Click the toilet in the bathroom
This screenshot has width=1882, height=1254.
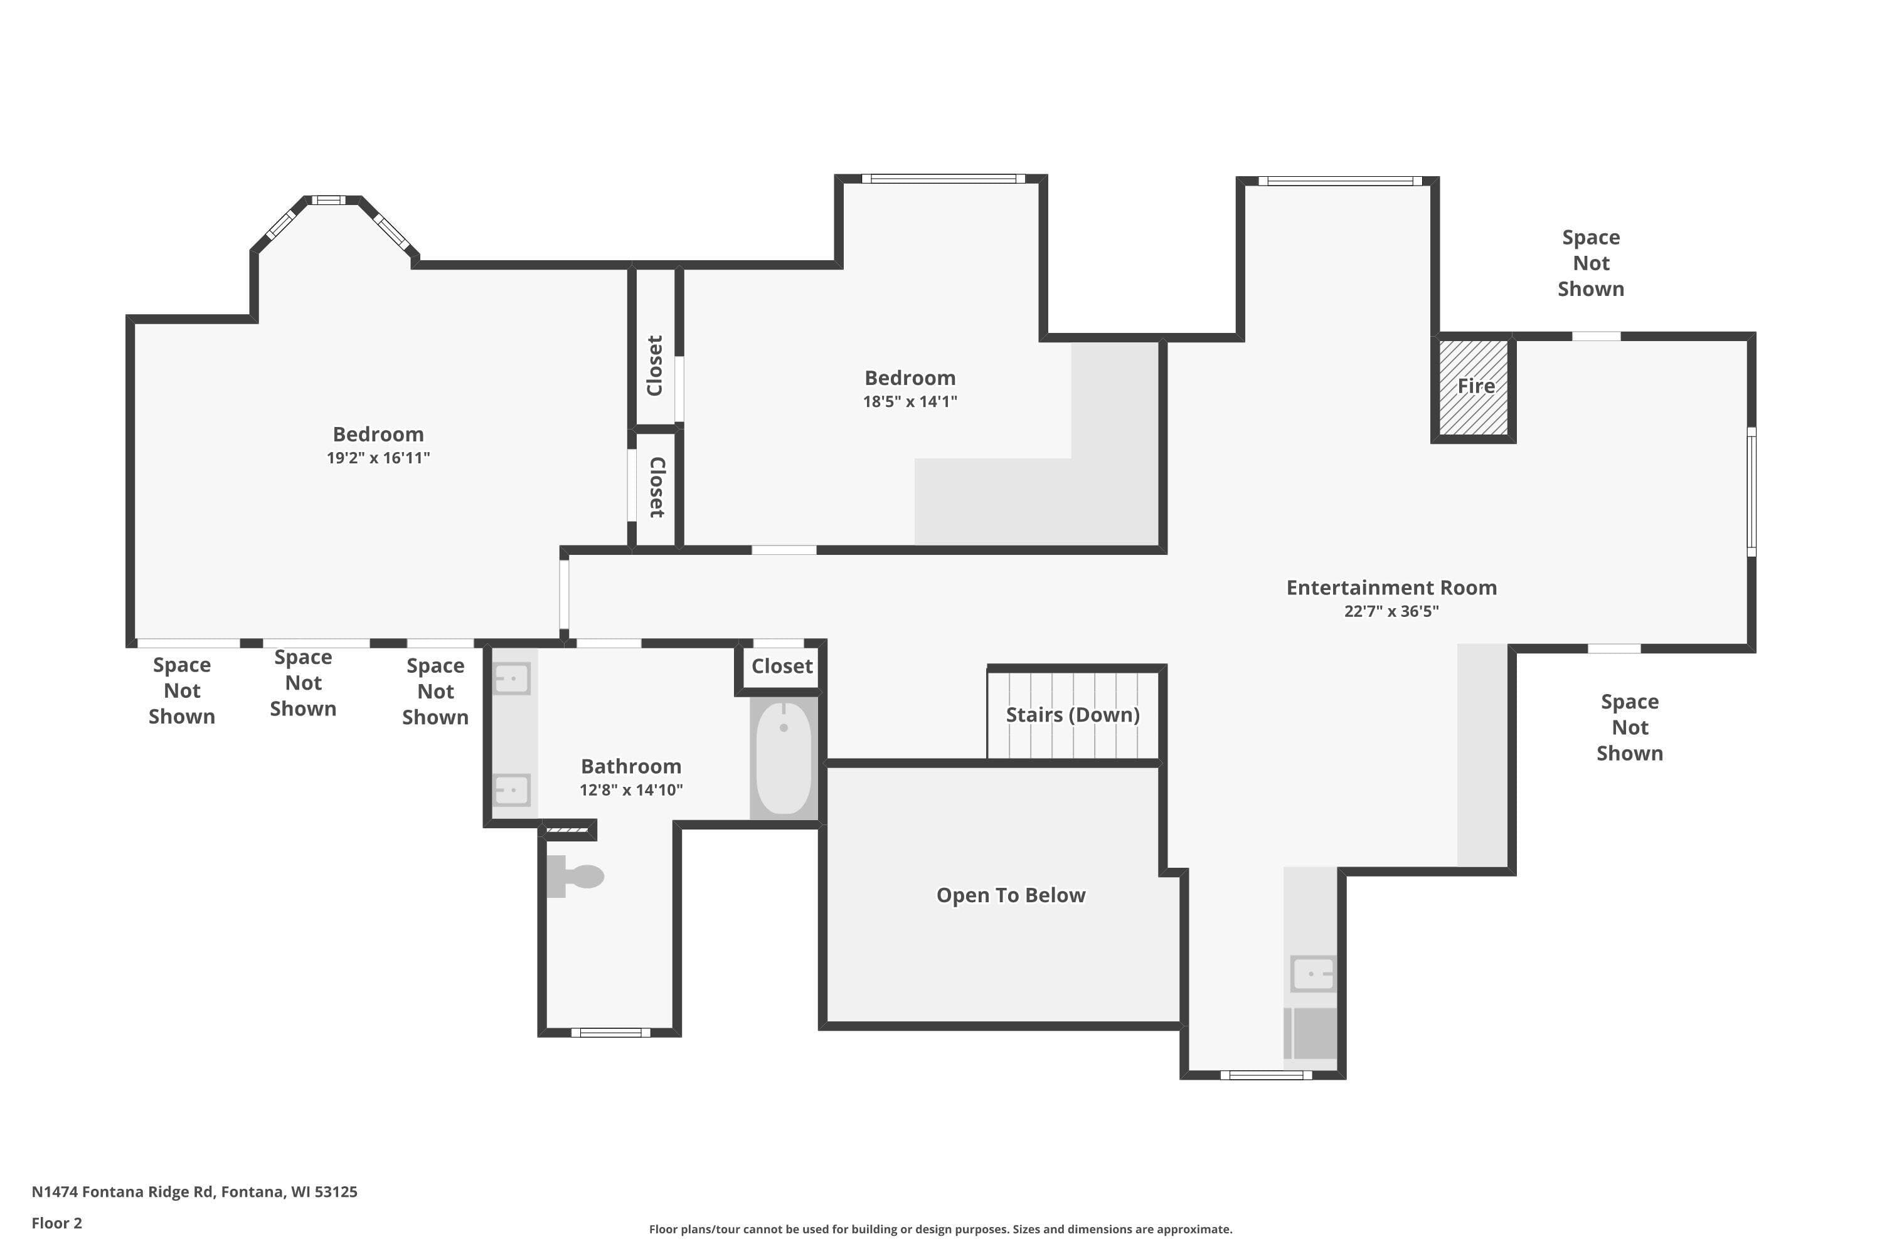(x=575, y=877)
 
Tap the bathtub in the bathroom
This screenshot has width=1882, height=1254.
(x=784, y=758)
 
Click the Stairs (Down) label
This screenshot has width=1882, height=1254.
(x=1072, y=714)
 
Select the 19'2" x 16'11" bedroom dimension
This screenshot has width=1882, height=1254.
(x=378, y=458)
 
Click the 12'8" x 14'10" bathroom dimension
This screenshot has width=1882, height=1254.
(x=631, y=790)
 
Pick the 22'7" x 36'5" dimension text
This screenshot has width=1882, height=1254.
(x=1391, y=611)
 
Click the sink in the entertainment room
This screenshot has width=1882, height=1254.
(x=1313, y=974)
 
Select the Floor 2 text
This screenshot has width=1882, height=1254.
(x=57, y=1223)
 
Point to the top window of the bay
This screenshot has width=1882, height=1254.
(x=328, y=200)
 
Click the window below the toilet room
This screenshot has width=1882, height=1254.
(x=610, y=1033)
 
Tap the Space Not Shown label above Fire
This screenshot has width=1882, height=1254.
(x=1591, y=263)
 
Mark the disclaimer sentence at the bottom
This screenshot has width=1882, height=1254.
(x=940, y=1229)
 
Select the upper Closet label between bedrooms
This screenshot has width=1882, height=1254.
(x=654, y=366)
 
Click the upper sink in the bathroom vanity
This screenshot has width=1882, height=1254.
(x=511, y=679)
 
